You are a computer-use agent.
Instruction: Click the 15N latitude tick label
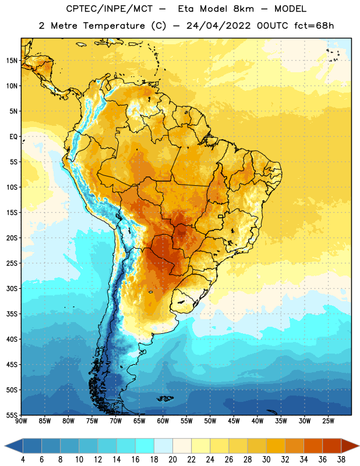[12, 61]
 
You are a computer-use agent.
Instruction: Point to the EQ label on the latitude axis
[13, 137]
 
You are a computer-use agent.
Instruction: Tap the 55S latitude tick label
[12, 415]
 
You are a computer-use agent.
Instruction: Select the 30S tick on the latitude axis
[12, 288]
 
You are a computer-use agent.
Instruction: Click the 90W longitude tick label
[21, 421]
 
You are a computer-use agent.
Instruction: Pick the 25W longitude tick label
[328, 421]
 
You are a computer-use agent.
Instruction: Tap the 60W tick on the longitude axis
[163, 421]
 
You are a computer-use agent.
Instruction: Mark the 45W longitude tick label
[234, 421]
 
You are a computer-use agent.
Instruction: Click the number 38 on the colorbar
[341, 460]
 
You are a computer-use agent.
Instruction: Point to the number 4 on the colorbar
[23, 460]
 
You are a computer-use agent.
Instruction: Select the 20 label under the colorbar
[172, 460]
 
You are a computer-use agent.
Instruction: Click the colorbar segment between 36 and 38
[332, 446]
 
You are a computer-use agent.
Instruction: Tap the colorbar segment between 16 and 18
[145, 446]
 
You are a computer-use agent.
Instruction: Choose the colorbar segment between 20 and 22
[182, 446]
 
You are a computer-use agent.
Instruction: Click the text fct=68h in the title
[314, 26]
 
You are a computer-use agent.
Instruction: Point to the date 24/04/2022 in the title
[218, 26]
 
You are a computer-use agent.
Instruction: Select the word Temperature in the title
[114, 26]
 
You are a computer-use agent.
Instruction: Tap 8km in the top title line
[243, 9]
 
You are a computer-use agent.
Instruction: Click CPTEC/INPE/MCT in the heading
[109, 9]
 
